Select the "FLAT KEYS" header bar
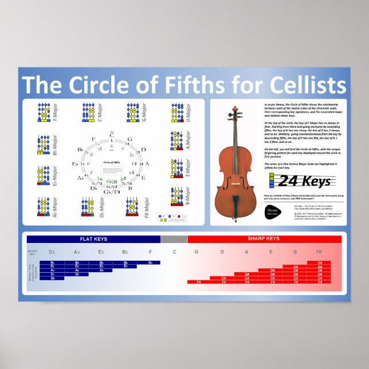pos(93,238)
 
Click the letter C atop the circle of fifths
pos(112,136)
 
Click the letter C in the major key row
pos(174,252)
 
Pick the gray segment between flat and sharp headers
pos(174,238)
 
